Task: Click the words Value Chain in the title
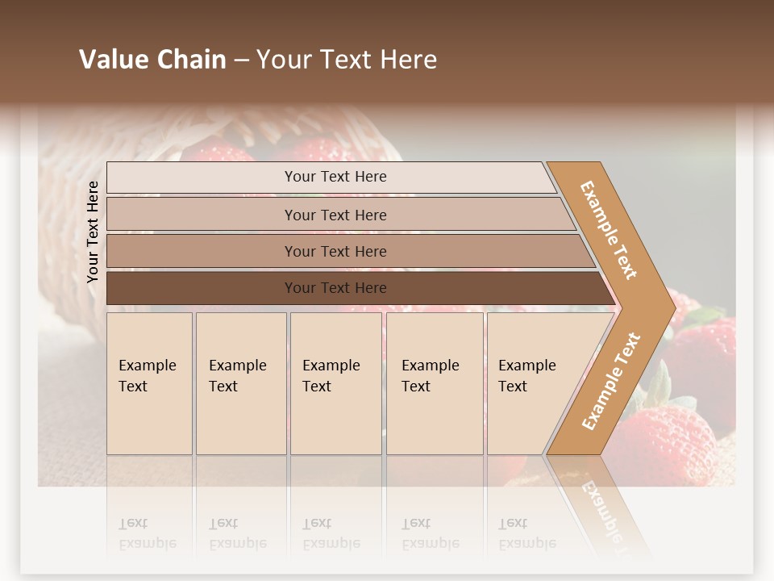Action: pos(152,60)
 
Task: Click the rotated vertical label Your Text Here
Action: pos(93,232)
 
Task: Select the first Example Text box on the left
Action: pos(149,383)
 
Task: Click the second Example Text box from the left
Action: pos(240,383)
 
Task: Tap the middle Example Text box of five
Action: pos(335,383)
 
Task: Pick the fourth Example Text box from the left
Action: pos(435,383)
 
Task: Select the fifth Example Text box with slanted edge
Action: pos(532,383)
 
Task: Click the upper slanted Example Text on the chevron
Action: pos(609,230)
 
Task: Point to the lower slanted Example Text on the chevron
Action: pos(610,382)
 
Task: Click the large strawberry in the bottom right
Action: pos(673,444)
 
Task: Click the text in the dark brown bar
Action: pos(335,288)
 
